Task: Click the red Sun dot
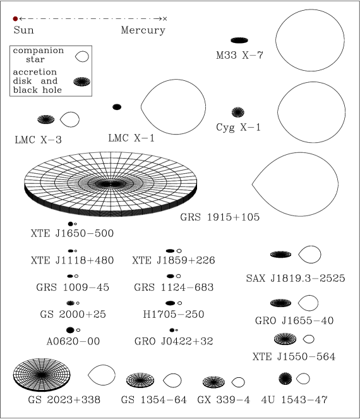coord(15,19)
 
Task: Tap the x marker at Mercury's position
coord(165,19)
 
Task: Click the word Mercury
coord(143,30)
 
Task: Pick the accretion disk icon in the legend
coord(81,82)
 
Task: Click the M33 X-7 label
coord(239,55)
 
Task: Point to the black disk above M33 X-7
coord(239,40)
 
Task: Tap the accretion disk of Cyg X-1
coord(238,112)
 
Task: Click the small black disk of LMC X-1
coord(117,107)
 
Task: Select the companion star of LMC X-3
coord(69,119)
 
